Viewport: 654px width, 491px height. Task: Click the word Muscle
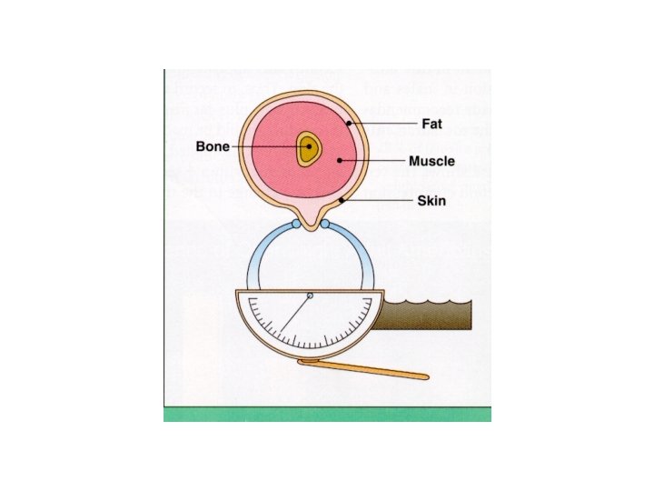[x=431, y=162]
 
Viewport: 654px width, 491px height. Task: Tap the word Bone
[x=213, y=146]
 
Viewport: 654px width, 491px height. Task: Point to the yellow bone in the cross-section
[x=309, y=149]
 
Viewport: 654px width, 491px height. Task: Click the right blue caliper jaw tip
[x=325, y=223]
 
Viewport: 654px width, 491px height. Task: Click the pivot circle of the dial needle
[x=310, y=296]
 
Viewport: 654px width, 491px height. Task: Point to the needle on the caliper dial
[x=294, y=314]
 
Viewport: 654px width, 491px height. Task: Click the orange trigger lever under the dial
[x=363, y=368]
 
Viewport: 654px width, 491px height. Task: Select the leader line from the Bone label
[x=272, y=146]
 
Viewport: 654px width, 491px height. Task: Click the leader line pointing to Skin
[x=377, y=200]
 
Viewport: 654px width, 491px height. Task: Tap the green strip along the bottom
[x=327, y=414]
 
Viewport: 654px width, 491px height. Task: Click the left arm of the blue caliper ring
[x=253, y=264]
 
